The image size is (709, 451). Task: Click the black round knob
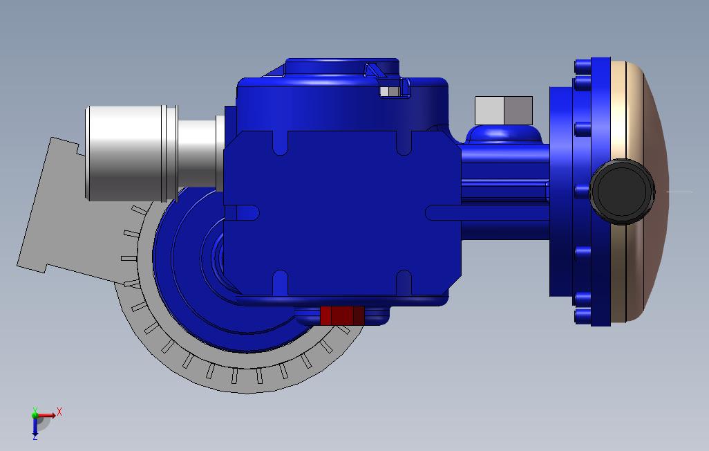click(x=622, y=192)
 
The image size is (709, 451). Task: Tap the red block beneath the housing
click(x=342, y=315)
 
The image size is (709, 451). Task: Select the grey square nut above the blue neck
click(x=504, y=110)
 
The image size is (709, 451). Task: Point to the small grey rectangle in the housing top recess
click(x=389, y=91)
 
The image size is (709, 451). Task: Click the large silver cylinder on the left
click(x=131, y=153)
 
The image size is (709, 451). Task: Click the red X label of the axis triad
click(x=59, y=412)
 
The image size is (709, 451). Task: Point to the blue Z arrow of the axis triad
click(x=35, y=428)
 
